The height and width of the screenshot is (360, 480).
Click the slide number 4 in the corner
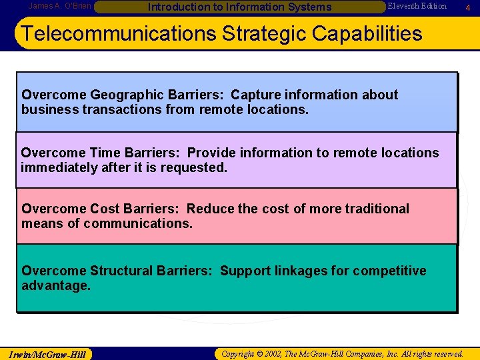pos(469,7)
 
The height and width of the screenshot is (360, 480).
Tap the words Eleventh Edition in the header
pos(417,6)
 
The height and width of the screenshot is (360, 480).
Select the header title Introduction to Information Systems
pos(239,7)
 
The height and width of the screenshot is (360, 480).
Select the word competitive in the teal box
pos(389,271)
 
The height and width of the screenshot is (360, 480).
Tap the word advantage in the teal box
pos(55,285)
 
